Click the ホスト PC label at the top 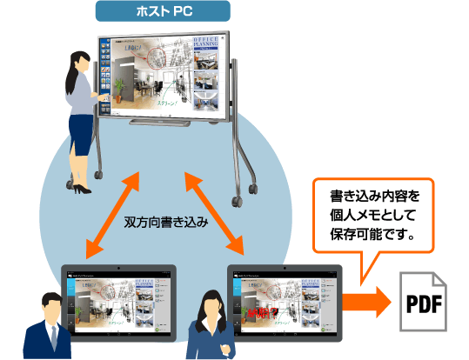point(163,11)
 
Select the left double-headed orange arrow point(111,214)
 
